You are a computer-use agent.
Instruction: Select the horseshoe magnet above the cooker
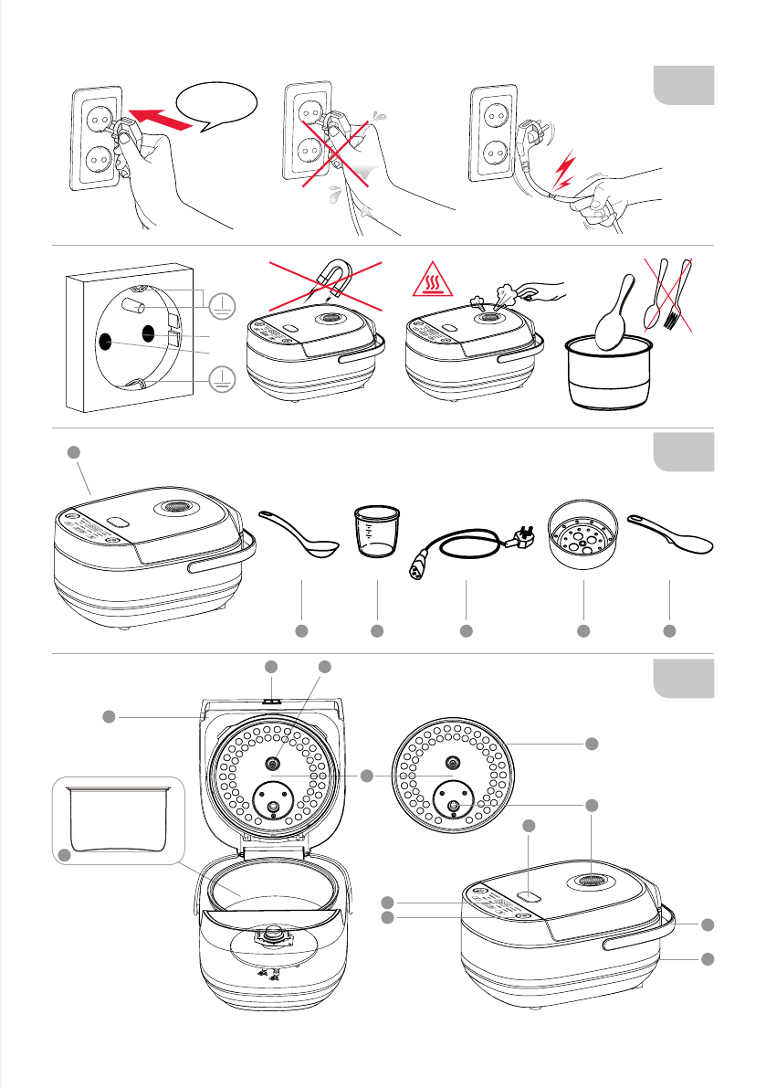[330, 276]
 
